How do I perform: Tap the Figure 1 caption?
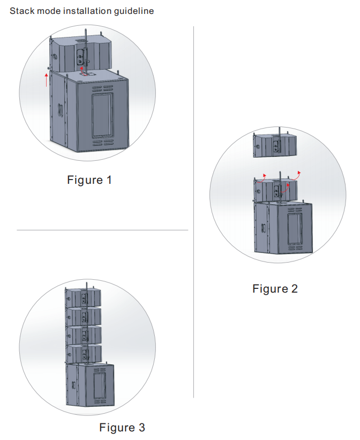[89, 180]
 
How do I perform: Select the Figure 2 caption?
[275, 289]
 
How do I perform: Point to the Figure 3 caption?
[122, 427]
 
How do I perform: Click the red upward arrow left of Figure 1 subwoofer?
[46, 80]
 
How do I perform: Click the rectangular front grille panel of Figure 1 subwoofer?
[103, 115]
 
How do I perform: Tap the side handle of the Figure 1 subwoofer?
[60, 110]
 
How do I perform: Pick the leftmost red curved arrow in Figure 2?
[262, 178]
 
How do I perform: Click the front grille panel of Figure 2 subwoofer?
[295, 228]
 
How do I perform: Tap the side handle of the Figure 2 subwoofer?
[263, 228]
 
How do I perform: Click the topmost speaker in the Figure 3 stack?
[83, 297]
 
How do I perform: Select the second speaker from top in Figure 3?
[84, 316]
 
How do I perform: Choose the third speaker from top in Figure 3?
[84, 335]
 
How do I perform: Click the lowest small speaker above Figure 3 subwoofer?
[84, 354]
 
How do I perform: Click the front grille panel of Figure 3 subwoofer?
[100, 385]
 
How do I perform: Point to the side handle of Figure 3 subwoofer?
[73, 385]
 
